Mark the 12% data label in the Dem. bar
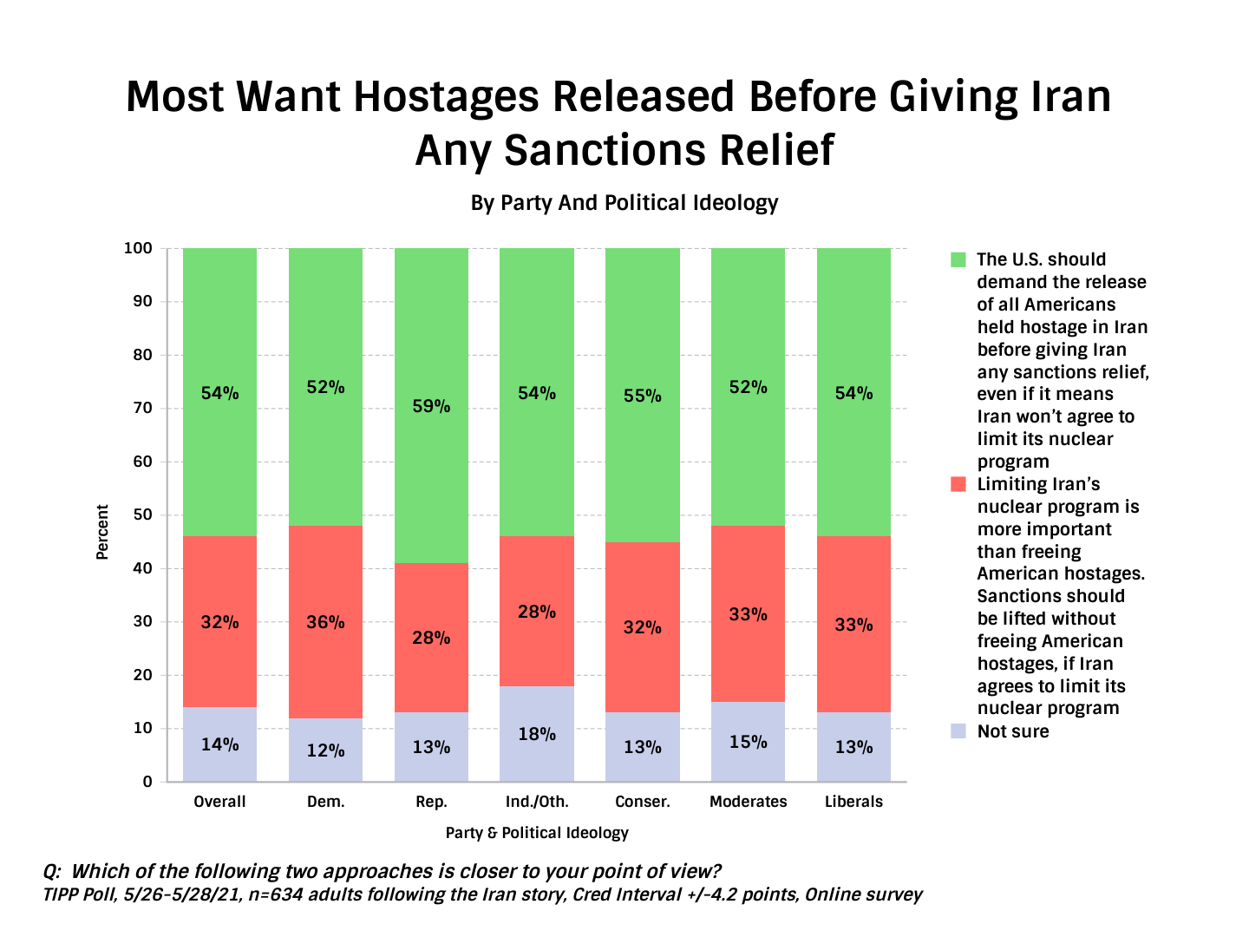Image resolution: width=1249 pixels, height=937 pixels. pyautogui.click(x=325, y=750)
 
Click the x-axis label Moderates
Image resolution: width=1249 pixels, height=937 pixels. pyautogui.click(x=748, y=802)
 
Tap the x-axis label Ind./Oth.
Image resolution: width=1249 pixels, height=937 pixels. pyautogui.click(x=537, y=802)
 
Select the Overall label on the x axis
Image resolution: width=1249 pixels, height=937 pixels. pyautogui.click(x=219, y=802)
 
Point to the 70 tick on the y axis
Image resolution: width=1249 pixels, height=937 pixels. pyautogui.click(x=142, y=408)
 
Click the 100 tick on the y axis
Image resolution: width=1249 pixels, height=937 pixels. pyautogui.click(x=138, y=248)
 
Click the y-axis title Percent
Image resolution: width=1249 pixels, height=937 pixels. pyautogui.click(x=102, y=532)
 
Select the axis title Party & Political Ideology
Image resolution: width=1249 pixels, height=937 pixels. pyautogui.click(x=537, y=833)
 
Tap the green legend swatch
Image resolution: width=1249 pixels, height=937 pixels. pyautogui.click(x=958, y=259)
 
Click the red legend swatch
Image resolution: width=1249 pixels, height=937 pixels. pyautogui.click(x=958, y=484)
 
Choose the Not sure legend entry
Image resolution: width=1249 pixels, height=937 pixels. pyautogui.click(x=1012, y=731)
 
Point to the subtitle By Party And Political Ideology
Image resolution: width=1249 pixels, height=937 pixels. pyautogui.click(x=624, y=203)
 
